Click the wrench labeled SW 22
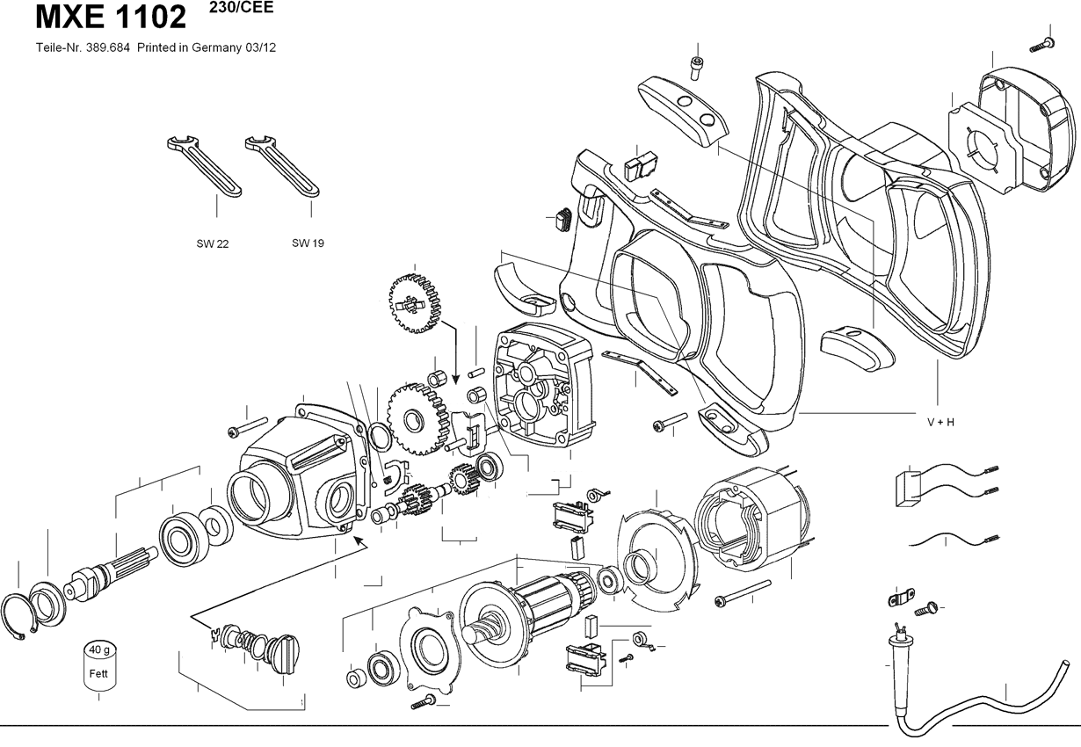coord(204,166)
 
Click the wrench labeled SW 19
coord(282,166)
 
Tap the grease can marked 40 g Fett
coord(99,666)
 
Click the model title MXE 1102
coord(111,18)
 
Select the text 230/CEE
coord(242,7)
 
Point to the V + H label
coord(940,422)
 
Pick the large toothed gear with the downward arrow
coord(415,303)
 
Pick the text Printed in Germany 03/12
coord(207,47)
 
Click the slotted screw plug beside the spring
coord(283,654)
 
